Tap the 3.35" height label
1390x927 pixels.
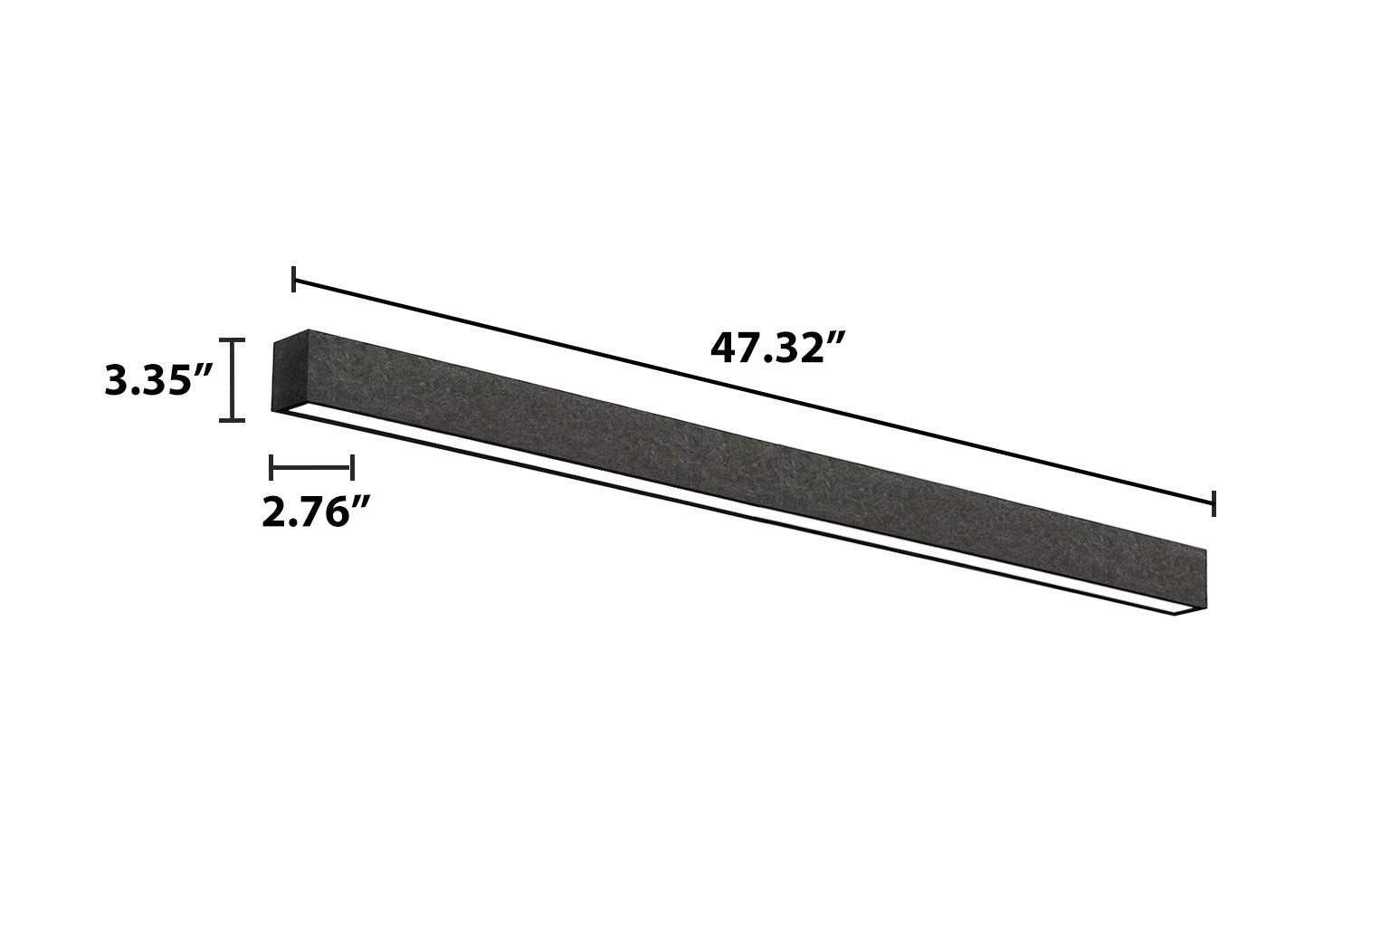pos(159,381)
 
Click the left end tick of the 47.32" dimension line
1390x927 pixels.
pos(294,280)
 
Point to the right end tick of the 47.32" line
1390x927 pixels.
pos(1214,503)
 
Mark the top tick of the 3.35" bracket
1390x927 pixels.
pos(233,340)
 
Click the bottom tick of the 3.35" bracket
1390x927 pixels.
pos(233,419)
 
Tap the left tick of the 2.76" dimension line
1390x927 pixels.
pos(271,467)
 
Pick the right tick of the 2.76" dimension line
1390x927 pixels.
pos(351,467)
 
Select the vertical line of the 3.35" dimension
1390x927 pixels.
pos(233,380)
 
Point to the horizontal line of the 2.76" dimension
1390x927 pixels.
pos(311,467)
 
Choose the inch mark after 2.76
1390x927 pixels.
pos(361,502)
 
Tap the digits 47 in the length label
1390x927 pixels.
pos(731,349)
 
